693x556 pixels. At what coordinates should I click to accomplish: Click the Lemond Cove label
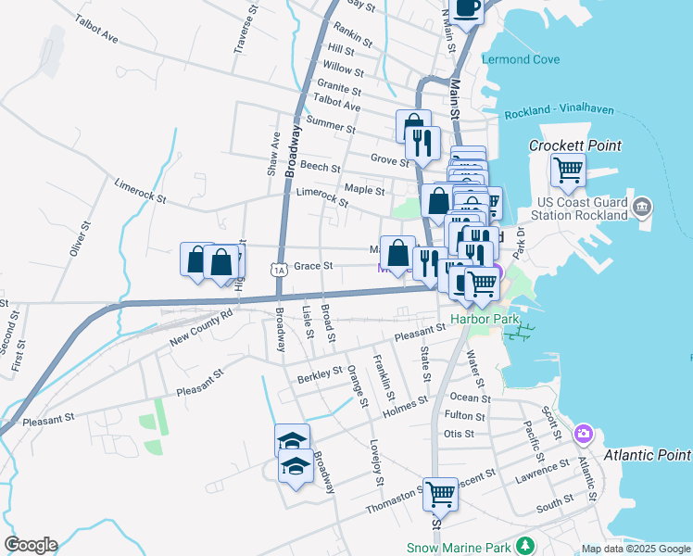(x=521, y=59)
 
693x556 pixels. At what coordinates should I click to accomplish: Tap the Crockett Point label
(x=574, y=145)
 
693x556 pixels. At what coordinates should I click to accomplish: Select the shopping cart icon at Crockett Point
(x=568, y=171)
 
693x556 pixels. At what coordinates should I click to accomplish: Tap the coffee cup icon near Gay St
(x=468, y=9)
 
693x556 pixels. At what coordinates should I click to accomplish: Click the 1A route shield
(x=279, y=270)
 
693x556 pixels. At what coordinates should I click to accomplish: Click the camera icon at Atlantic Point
(x=583, y=434)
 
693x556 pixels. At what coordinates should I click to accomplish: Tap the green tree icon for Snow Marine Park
(x=526, y=545)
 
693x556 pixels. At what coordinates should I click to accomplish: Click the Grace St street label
(x=313, y=266)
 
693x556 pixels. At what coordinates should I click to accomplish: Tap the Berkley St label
(x=320, y=374)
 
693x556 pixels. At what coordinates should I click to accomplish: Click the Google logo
(x=31, y=545)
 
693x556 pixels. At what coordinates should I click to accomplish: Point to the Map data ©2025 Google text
(x=635, y=549)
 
